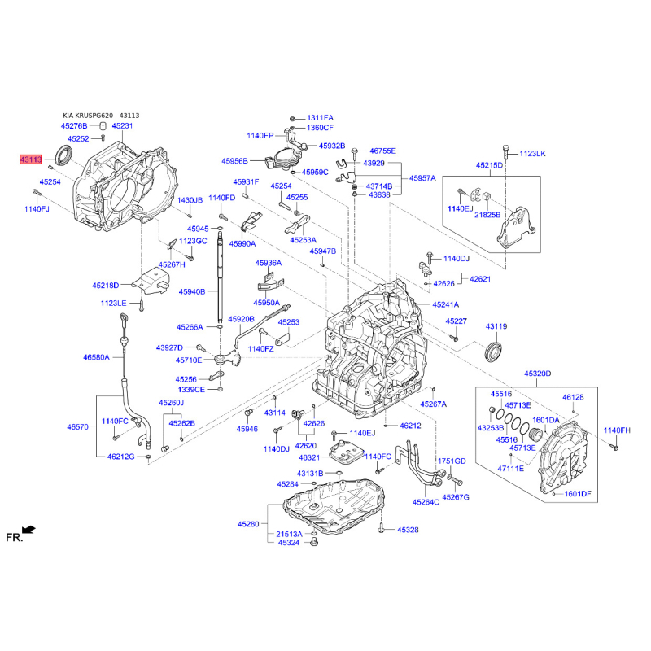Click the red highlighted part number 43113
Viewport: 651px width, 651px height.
pyautogui.click(x=31, y=159)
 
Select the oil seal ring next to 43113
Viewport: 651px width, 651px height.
pyautogui.click(x=64, y=154)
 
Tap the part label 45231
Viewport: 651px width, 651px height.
pyautogui.click(x=123, y=125)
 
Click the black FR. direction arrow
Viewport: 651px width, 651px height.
pyautogui.click(x=28, y=530)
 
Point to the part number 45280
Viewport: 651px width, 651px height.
pyautogui.click(x=248, y=524)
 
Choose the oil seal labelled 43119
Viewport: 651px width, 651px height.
pyautogui.click(x=494, y=352)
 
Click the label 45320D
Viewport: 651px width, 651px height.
pyautogui.click(x=538, y=374)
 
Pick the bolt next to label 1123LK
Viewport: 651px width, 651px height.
pyautogui.click(x=505, y=151)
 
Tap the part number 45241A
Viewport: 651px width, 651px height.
pyautogui.click(x=445, y=304)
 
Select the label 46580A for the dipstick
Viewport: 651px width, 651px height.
pyautogui.click(x=96, y=356)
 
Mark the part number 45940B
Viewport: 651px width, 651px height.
pyautogui.click(x=192, y=291)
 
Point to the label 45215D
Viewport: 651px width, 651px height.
pyautogui.click(x=490, y=165)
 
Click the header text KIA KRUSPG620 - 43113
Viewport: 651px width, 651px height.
pyautogui.click(x=101, y=116)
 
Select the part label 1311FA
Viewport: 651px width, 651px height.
pyautogui.click(x=320, y=118)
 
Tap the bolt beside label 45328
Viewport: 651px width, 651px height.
pyautogui.click(x=382, y=529)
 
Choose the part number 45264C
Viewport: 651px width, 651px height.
pyautogui.click(x=426, y=502)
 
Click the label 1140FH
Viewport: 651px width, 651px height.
pyautogui.click(x=617, y=430)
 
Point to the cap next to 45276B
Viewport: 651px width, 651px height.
pyautogui.click(x=103, y=125)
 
